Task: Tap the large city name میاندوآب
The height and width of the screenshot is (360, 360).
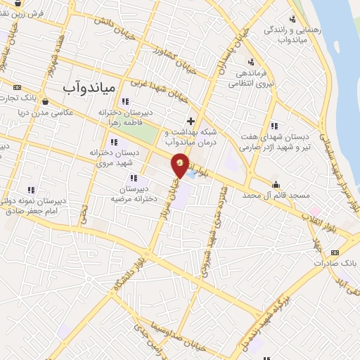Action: coord(79,86)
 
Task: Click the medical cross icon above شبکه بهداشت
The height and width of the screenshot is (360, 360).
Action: coord(191,121)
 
